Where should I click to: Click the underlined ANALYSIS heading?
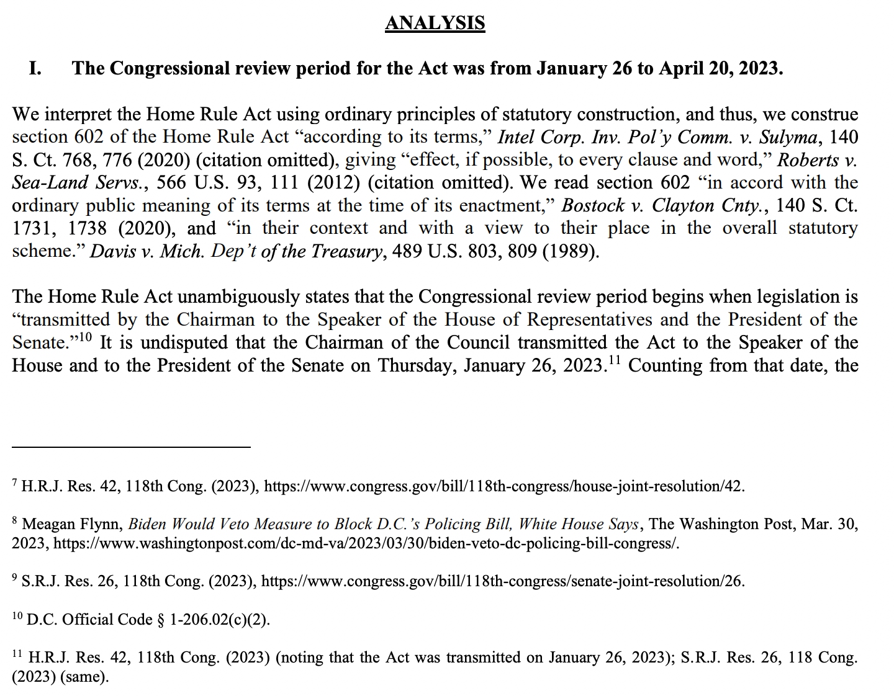pos(435,23)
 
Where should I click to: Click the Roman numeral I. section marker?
pos(36,68)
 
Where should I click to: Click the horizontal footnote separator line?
pos(131,447)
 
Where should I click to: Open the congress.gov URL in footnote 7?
pos(503,486)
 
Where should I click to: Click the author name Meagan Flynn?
pos(72,525)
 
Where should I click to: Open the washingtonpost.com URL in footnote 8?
pos(366,544)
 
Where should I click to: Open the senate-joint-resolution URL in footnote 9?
pos(502,582)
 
